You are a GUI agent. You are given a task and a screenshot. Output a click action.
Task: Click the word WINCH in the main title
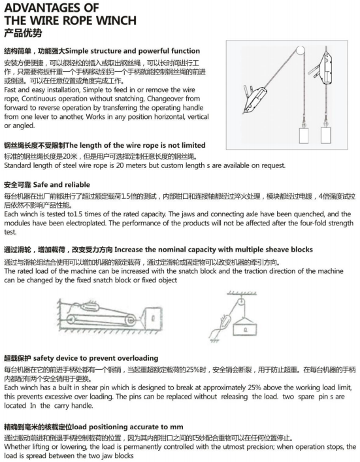(x=116, y=20)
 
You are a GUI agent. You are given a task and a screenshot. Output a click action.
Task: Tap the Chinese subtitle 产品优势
(x=23, y=33)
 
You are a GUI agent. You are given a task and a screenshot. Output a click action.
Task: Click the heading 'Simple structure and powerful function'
(x=133, y=51)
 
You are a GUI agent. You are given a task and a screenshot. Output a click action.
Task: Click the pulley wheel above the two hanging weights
(x=300, y=51)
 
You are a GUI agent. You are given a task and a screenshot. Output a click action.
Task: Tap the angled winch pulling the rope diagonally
(x=254, y=99)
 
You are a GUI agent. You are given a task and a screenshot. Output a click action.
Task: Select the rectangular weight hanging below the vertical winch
(x=326, y=135)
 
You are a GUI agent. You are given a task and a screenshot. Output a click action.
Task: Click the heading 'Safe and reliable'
(x=61, y=185)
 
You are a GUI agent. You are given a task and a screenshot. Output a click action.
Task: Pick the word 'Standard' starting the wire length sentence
(x=17, y=165)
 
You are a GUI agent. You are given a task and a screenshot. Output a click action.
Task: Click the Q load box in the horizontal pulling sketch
(x=152, y=318)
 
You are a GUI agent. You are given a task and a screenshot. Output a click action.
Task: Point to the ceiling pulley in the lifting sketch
(x=241, y=303)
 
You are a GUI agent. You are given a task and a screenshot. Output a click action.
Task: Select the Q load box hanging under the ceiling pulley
(x=245, y=329)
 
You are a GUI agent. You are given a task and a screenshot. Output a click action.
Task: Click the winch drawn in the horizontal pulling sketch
(x=91, y=307)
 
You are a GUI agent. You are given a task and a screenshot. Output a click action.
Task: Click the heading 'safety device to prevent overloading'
(x=96, y=358)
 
